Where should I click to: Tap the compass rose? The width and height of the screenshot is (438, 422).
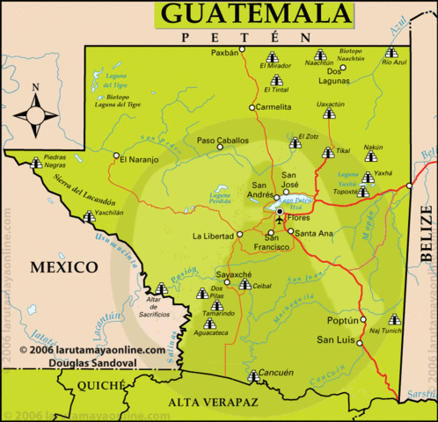(35, 113)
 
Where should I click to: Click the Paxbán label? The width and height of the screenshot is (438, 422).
(225, 53)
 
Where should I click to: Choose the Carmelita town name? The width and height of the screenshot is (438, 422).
(274, 107)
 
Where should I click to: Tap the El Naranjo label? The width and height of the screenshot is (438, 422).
(139, 159)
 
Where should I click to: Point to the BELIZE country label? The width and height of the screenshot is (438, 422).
(427, 234)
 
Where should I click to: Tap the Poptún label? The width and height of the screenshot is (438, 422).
(339, 321)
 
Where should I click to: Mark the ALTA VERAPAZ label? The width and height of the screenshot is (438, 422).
(208, 404)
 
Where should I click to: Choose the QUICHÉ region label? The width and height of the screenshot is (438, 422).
(102, 385)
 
